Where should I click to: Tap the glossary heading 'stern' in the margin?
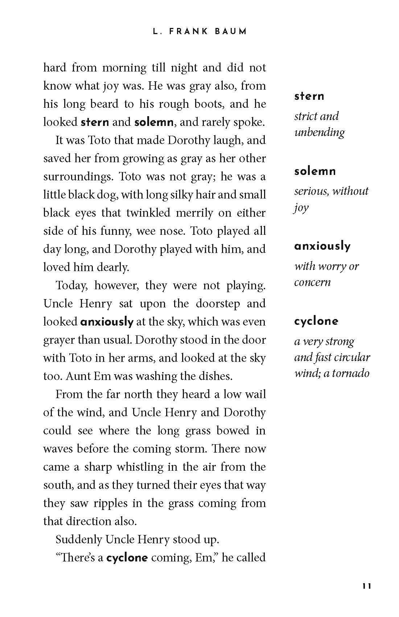(x=309, y=96)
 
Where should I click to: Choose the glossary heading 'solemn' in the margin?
(x=315, y=171)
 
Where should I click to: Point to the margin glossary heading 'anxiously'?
(x=322, y=246)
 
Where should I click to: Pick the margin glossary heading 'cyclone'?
(x=316, y=321)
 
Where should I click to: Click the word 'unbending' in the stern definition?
(x=319, y=132)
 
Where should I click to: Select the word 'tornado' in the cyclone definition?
(x=351, y=373)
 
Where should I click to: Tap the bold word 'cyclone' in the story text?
(x=127, y=557)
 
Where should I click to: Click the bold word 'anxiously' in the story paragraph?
(x=107, y=322)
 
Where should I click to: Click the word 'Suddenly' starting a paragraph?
(x=78, y=539)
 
